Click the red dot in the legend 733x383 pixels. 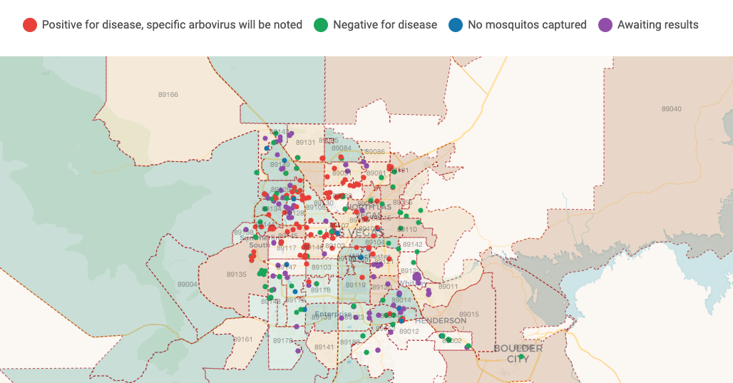pyautogui.click(x=30, y=25)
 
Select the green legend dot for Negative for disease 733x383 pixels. pyautogui.click(x=321, y=25)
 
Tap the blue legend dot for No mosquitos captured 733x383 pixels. pyautogui.click(x=456, y=25)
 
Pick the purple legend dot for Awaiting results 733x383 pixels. pyautogui.click(x=605, y=25)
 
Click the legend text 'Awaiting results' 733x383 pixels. pyautogui.click(x=658, y=25)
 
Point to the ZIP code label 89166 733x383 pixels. pyautogui.click(x=168, y=95)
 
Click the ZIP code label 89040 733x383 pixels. pyautogui.click(x=671, y=109)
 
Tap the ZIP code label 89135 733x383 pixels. pyautogui.click(x=237, y=275)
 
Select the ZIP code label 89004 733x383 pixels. pyautogui.click(x=188, y=285)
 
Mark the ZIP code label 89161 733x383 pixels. pyautogui.click(x=243, y=339)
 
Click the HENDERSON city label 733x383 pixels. pyautogui.click(x=440, y=321)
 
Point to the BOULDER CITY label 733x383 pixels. pyautogui.click(x=518, y=354)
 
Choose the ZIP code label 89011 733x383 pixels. pyautogui.click(x=448, y=287)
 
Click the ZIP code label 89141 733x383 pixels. pyautogui.click(x=324, y=347)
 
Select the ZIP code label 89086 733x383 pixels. pyautogui.click(x=374, y=152)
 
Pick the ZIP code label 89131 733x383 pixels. pyautogui.click(x=305, y=143)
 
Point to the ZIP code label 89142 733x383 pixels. pyautogui.click(x=412, y=245)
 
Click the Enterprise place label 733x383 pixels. pyautogui.click(x=334, y=315)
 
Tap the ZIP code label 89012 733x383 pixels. pyautogui.click(x=409, y=332)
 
